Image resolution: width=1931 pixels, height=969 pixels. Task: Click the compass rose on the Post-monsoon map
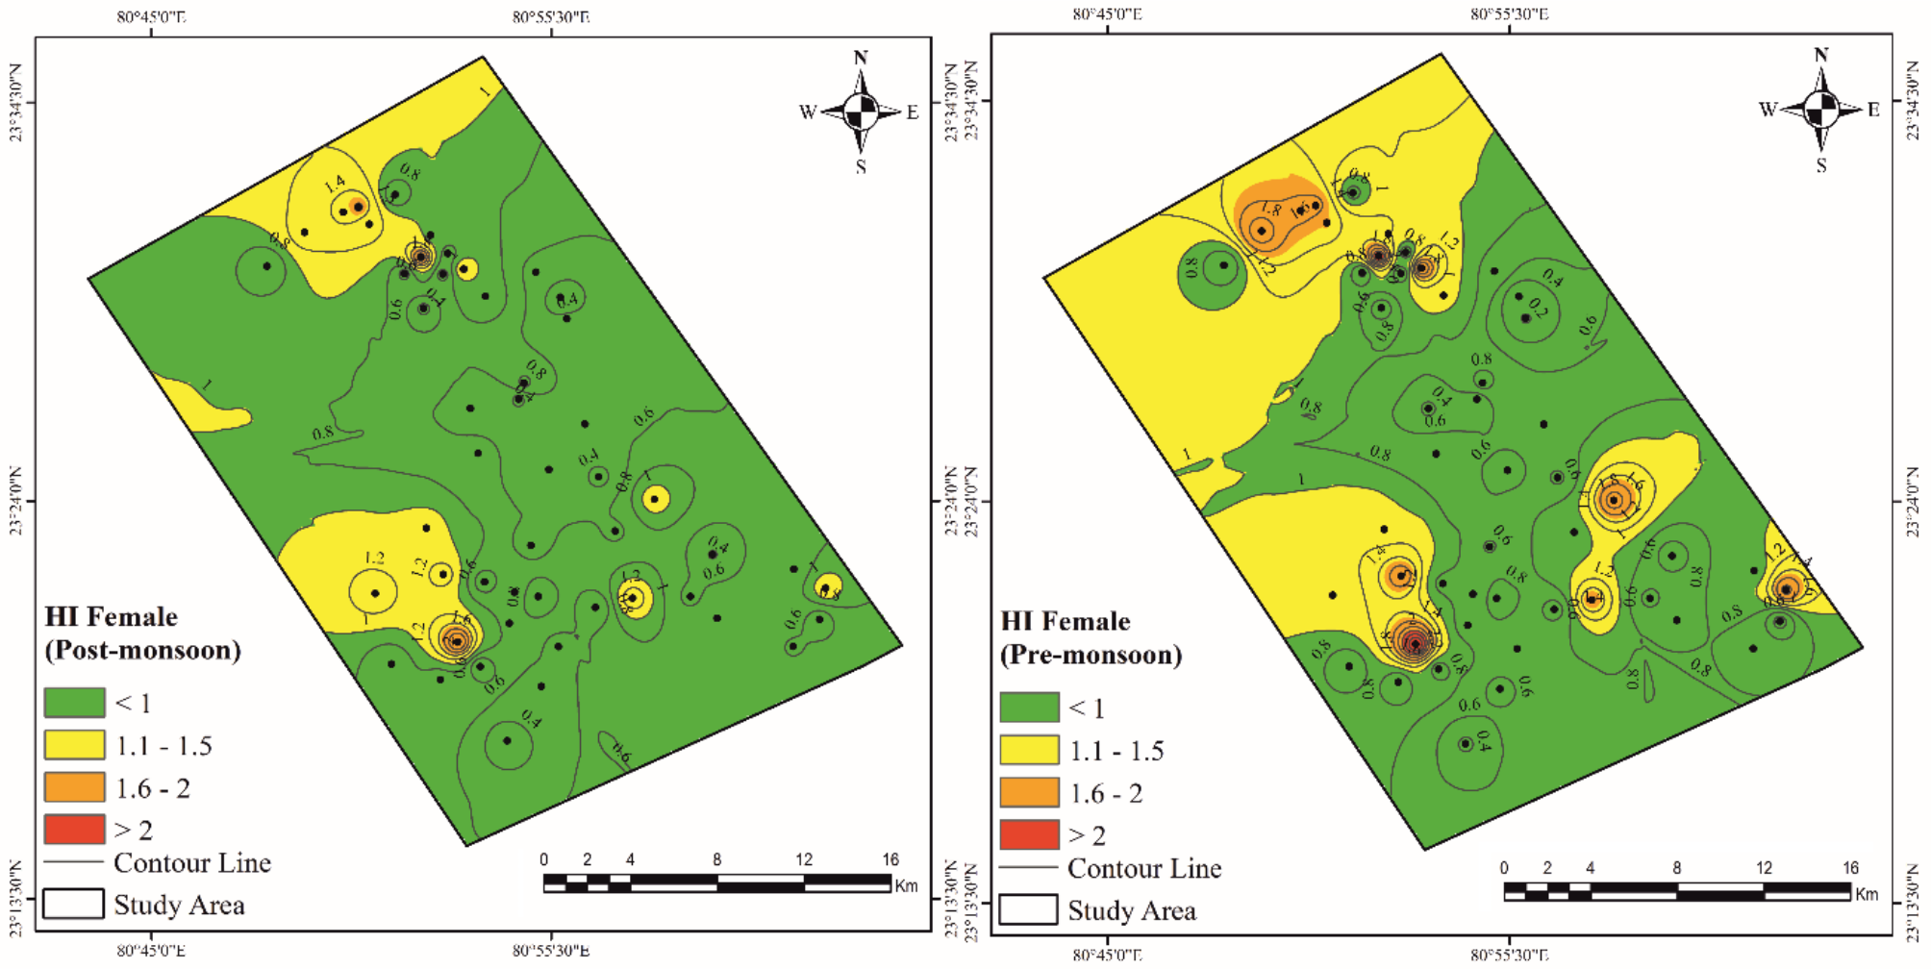(x=861, y=112)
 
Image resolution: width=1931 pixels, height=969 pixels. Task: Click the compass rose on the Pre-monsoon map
(x=1820, y=110)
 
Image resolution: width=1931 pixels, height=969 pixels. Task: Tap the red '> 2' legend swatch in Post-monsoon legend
(x=74, y=829)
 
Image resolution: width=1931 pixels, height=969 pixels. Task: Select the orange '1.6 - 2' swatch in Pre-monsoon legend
(x=1029, y=792)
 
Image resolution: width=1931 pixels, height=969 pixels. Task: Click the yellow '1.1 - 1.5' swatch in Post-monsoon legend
(x=74, y=745)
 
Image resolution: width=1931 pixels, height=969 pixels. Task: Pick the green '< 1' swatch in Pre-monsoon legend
(x=1029, y=708)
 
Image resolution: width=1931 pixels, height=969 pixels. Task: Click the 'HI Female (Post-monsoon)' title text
(x=141, y=634)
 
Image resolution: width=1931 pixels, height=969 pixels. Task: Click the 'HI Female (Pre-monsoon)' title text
(x=1091, y=638)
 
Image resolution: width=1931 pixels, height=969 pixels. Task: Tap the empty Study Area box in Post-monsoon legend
(x=74, y=904)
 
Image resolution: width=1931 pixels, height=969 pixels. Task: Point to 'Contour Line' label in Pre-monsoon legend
(x=1144, y=869)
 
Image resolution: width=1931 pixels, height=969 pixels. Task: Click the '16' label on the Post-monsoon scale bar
(x=890, y=859)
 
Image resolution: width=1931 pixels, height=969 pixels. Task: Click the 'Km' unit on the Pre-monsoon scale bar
(x=1867, y=894)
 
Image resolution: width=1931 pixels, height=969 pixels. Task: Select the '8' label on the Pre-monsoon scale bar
(x=1676, y=868)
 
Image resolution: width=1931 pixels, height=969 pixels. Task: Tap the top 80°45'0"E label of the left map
(x=151, y=16)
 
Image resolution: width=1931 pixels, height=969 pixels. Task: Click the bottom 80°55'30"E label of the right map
(x=1509, y=955)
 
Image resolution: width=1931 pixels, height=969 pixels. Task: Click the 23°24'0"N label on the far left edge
(x=16, y=501)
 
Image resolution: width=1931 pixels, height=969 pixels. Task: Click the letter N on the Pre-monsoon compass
(x=1820, y=55)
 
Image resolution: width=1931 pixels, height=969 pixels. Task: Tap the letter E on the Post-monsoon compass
(x=913, y=112)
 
